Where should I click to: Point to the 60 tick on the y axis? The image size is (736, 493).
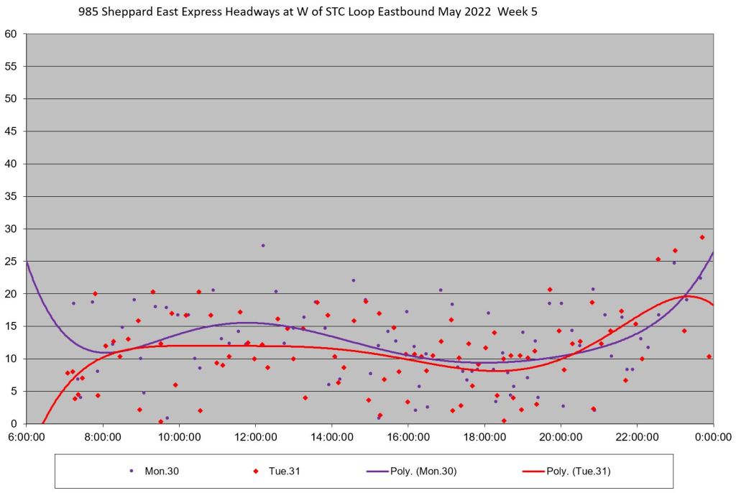(13, 34)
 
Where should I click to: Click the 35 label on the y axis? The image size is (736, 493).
(13, 196)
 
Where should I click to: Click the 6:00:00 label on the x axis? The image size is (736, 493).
(27, 436)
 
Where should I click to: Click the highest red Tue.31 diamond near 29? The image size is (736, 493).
(701, 237)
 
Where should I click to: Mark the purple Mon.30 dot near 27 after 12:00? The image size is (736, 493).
(263, 246)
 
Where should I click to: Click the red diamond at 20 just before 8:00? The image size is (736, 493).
(95, 293)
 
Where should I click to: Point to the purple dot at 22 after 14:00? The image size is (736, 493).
(354, 280)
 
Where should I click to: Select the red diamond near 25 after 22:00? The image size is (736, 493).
(658, 259)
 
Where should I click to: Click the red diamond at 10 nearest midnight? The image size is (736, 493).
(709, 356)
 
